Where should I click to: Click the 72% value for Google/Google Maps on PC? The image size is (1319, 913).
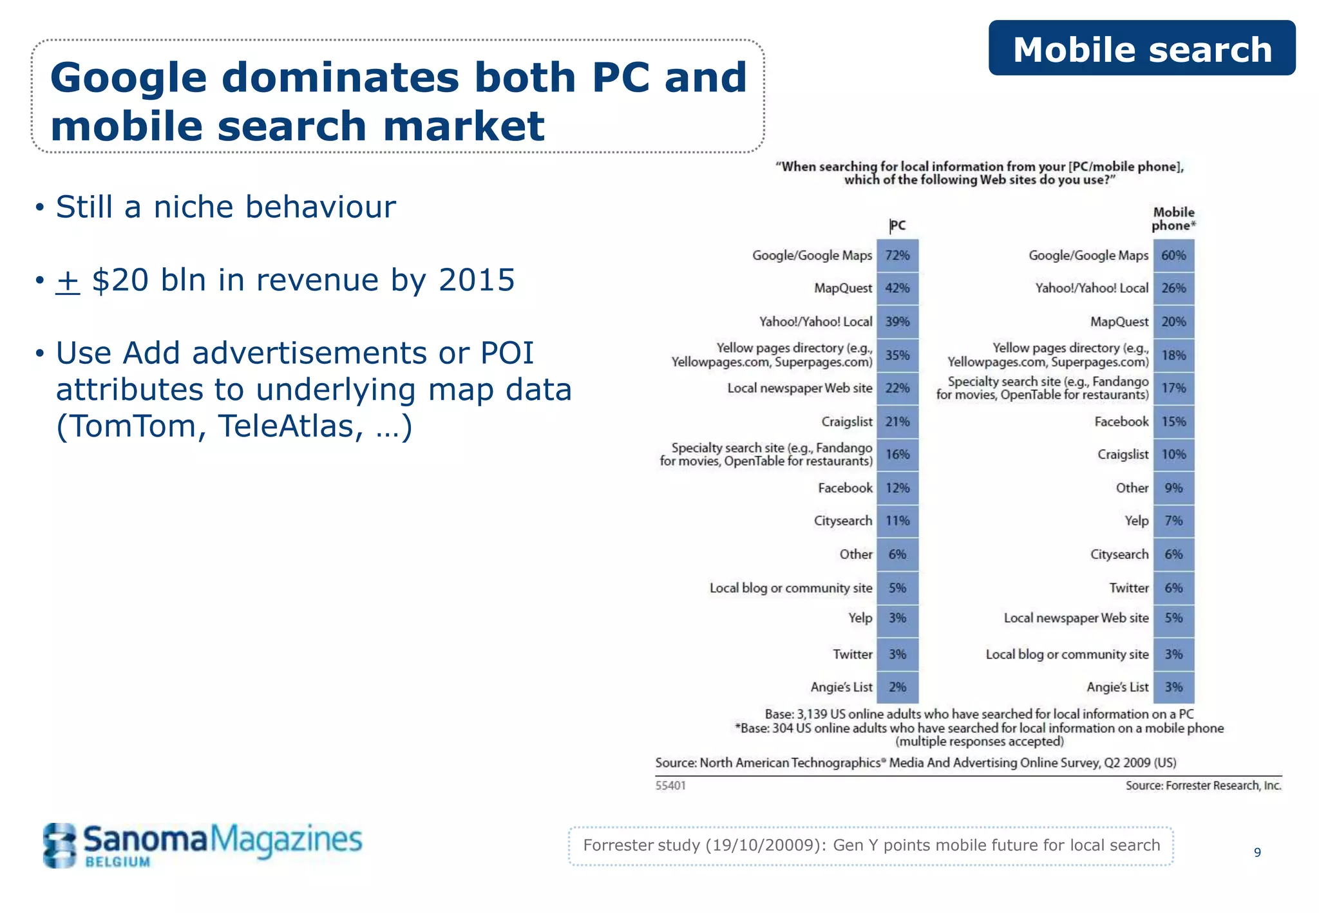coord(897,256)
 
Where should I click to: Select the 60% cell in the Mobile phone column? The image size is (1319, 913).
coord(1173,256)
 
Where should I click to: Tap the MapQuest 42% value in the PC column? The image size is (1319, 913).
coord(897,288)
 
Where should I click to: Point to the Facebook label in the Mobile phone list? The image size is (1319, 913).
coord(1121,422)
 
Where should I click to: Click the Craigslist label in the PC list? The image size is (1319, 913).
coord(846,422)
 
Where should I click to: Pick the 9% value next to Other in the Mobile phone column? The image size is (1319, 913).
coord(1173,488)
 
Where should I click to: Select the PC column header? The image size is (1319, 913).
coord(898,225)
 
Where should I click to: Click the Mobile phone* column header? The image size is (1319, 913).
coord(1173,219)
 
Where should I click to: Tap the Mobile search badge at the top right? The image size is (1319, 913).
coord(1142,49)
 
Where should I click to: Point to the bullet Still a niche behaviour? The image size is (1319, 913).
coord(225,207)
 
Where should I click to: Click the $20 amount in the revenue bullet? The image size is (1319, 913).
coord(120,280)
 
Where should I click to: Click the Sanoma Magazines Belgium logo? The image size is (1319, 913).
coord(202,845)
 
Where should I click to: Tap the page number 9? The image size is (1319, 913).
coord(1257,852)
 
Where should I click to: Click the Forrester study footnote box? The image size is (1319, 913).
coord(871,845)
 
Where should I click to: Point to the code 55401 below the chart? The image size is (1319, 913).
coord(670,786)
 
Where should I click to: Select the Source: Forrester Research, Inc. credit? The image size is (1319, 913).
coord(1203,786)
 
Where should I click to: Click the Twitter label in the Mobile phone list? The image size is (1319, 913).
coord(1128,588)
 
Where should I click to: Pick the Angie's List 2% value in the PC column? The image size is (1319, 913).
coord(897,687)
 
